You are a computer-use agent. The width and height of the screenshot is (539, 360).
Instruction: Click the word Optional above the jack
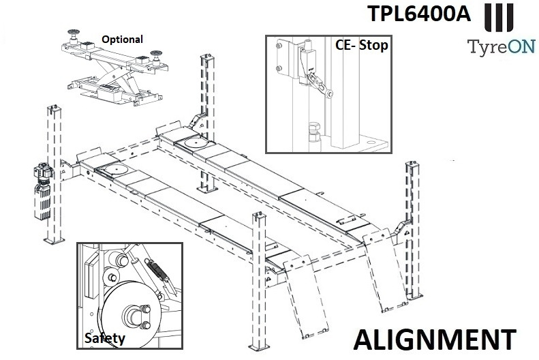tap(122, 40)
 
